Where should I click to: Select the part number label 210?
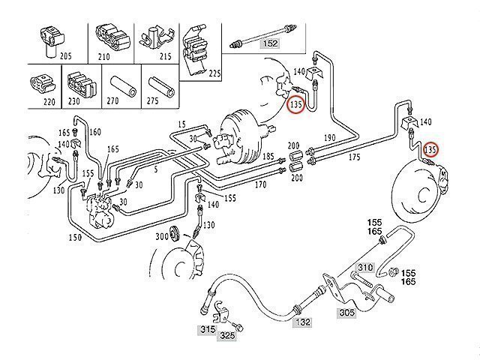click(x=104, y=55)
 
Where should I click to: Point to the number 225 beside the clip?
click(x=215, y=73)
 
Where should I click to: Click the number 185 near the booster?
click(x=268, y=156)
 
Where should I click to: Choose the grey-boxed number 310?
click(x=364, y=267)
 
